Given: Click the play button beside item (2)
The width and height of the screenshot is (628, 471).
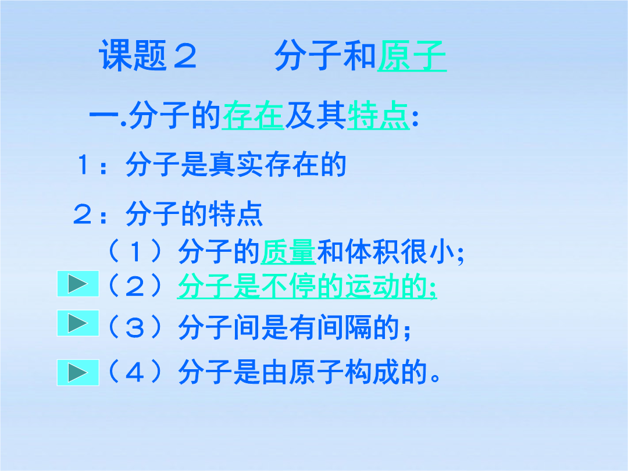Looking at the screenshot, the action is pos(78,284).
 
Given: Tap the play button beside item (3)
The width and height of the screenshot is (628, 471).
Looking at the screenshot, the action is pos(78,323).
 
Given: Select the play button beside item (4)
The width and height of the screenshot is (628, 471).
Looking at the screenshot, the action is pos(78,373).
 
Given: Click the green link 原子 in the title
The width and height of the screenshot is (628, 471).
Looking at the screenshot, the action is pos(412,56).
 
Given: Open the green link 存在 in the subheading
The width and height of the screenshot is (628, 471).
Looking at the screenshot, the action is pos(253,116).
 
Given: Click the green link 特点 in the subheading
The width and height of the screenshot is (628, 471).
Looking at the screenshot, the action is pos(378,116).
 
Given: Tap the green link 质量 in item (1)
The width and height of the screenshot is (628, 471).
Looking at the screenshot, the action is pos(288,252).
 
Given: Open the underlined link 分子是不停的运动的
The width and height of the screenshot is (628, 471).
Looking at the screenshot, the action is pos(307,286).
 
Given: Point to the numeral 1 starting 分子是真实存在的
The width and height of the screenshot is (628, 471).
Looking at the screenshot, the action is pos(84,165).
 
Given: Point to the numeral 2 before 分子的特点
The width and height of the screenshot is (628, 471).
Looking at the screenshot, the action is pos(83,215).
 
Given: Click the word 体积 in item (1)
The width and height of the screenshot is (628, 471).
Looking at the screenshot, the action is pos(372,252).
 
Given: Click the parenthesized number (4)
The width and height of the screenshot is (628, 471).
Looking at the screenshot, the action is pos(135,372).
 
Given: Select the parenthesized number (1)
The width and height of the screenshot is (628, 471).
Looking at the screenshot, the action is pos(135,252).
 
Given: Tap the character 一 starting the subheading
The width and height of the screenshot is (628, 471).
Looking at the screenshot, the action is pos(104,116).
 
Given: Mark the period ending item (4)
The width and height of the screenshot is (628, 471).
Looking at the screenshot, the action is pos(435,378).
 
